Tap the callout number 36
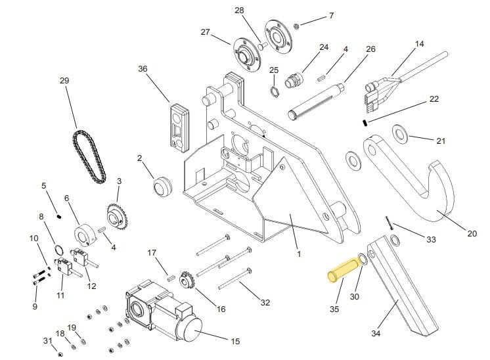(x=143, y=69)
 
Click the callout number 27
(x=205, y=32)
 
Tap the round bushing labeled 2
(x=161, y=186)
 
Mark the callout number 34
(x=375, y=334)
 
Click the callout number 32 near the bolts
(x=265, y=302)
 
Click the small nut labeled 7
(x=297, y=26)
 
